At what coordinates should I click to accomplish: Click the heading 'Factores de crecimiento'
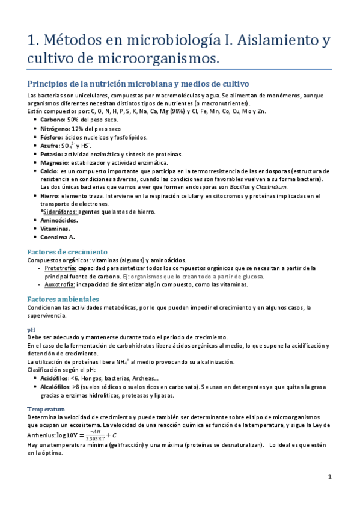[67, 251]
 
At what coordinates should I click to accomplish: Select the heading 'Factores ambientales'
[63, 299]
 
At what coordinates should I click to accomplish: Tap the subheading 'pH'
[31, 330]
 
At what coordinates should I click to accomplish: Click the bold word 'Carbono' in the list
[52, 120]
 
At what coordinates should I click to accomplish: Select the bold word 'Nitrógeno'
[55, 129]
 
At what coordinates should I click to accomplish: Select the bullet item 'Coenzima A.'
[58, 237]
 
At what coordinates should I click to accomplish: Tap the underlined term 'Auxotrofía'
[59, 284]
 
